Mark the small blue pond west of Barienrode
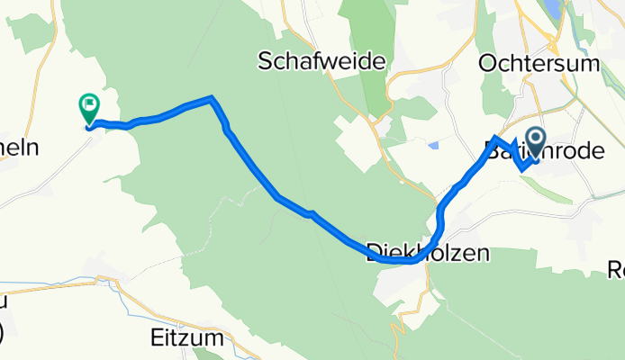coord(435,144)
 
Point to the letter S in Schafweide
coord(265,62)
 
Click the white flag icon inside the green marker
coord(89,106)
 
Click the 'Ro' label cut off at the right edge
coord(616,268)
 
